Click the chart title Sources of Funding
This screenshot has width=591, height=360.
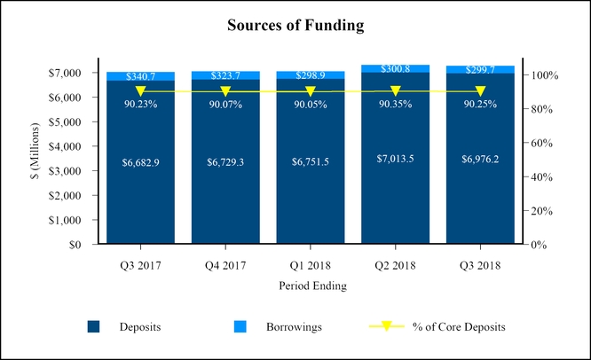[x=295, y=26]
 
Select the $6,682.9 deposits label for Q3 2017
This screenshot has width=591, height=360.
[x=141, y=162]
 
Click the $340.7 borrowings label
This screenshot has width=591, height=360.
[x=141, y=78]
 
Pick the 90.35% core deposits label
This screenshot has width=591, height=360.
[x=395, y=104]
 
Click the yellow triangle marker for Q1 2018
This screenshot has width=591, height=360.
[x=311, y=91]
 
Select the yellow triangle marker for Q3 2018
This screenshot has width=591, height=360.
[x=480, y=91]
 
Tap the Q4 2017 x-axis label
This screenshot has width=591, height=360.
[x=225, y=265]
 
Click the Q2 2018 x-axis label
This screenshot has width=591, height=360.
[x=395, y=265]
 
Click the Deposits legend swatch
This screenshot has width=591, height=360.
[x=94, y=327]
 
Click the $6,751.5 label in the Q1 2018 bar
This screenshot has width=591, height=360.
[x=311, y=162]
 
